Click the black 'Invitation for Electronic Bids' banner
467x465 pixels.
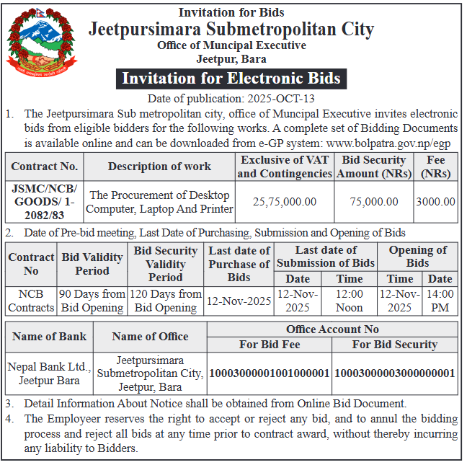pos(231,78)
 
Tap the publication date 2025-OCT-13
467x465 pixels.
pos(275,99)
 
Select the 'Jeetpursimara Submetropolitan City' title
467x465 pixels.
pos(231,30)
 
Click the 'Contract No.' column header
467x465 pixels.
pos(45,167)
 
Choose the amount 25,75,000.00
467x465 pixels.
pos(285,202)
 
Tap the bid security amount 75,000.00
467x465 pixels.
pos(374,202)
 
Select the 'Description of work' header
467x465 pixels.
pos(160,167)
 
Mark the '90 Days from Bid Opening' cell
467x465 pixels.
pos(92,301)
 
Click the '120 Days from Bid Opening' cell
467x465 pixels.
pos(166,301)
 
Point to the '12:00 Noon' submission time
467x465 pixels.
pos(350,301)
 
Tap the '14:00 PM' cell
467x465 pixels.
pos(440,301)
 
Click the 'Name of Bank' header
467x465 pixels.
pos(48,337)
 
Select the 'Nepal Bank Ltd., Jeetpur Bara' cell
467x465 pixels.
pos(48,373)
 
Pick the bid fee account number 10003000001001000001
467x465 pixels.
pos(269,373)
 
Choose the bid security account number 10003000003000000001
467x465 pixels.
pos(395,373)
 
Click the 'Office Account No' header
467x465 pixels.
pos(332,329)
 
